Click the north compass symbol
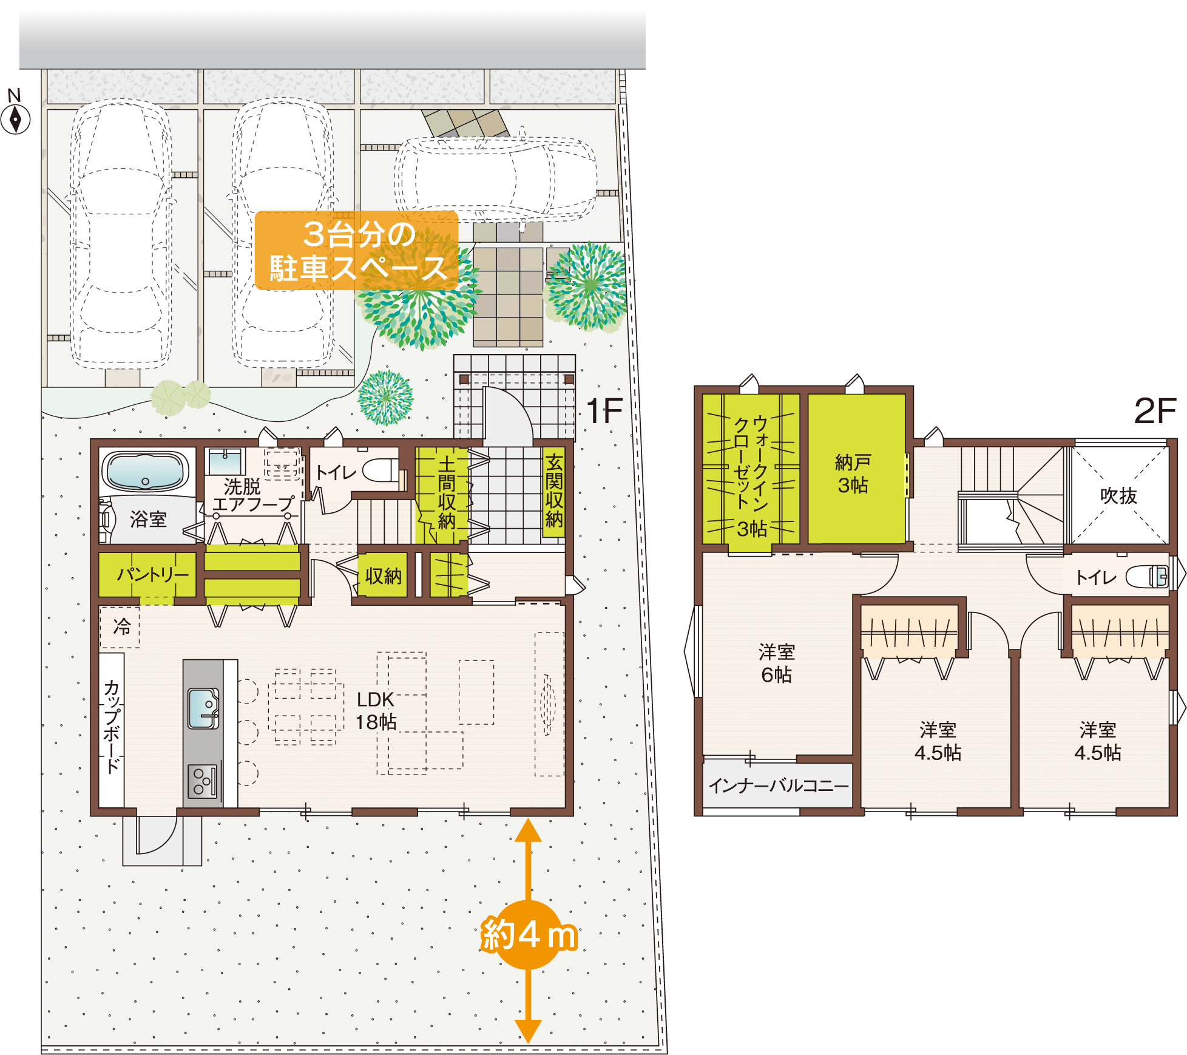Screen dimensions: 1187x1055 15,119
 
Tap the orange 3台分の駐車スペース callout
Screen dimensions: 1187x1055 357,251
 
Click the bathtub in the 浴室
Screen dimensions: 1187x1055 145,471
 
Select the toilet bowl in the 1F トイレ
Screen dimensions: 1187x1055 380,470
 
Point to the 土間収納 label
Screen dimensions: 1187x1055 447,493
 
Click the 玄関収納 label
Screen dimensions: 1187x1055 553,491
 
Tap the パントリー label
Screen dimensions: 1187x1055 152,574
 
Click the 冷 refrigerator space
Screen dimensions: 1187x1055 120,627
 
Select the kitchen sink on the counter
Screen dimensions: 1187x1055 203,708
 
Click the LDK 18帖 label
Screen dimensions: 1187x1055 376,711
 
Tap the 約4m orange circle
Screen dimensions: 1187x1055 529,935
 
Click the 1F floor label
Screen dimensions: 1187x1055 604,411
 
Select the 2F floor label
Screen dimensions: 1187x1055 1155,411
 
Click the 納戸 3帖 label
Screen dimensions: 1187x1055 853,474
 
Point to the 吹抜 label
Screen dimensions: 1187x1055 1118,496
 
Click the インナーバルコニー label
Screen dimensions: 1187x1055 779,786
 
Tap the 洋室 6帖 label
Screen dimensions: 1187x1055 777,663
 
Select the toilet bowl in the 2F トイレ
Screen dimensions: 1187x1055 1147,576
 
